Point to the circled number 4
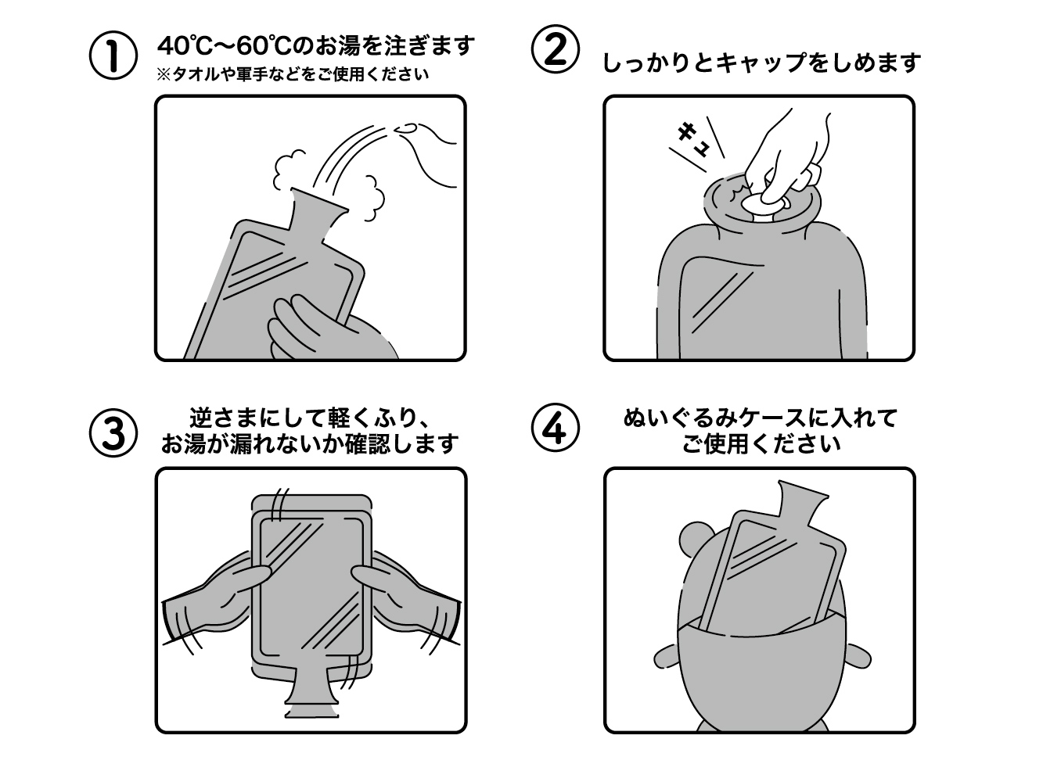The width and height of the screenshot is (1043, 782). (x=555, y=429)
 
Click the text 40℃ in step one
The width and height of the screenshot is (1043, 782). (x=185, y=45)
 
